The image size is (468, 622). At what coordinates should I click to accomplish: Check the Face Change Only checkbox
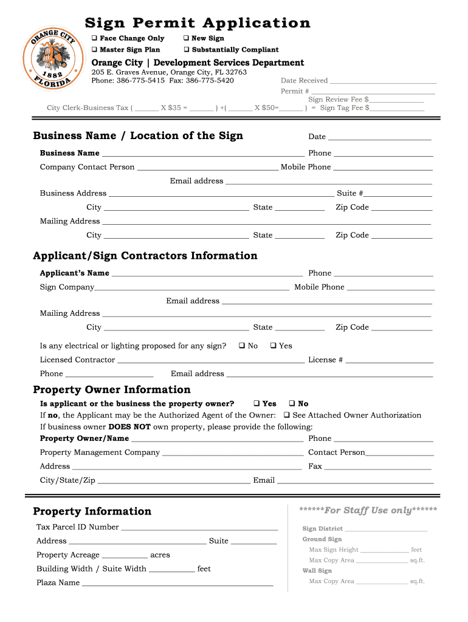coord(95,38)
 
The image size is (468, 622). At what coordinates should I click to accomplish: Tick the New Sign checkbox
coord(187,38)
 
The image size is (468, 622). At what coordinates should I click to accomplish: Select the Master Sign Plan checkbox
coord(95,50)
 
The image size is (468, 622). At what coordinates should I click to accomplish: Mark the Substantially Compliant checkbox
coord(187,50)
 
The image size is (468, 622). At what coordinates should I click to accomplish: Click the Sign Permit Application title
coord(198,23)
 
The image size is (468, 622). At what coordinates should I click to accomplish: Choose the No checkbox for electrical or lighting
coord(242,346)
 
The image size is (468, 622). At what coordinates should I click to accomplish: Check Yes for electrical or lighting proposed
coord(274,346)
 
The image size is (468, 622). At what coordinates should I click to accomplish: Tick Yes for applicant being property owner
coord(256,403)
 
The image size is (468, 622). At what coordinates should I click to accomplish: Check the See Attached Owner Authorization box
coord(286,415)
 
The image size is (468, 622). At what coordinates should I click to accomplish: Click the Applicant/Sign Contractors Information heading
coord(145,256)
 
